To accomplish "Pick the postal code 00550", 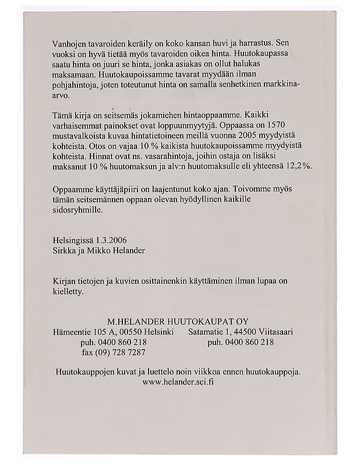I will point(134,331).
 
